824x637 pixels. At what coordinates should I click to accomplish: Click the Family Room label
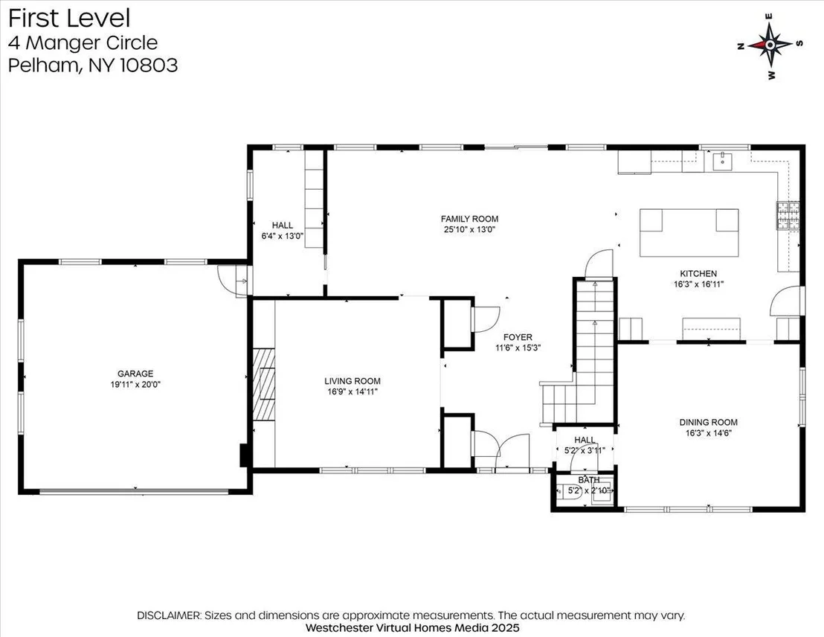[x=469, y=219]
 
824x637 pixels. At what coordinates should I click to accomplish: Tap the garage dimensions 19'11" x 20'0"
[x=135, y=385]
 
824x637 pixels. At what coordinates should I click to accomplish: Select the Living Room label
[x=352, y=381]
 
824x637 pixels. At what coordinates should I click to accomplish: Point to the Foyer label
[x=518, y=337]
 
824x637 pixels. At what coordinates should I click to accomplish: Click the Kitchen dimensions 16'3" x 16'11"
[x=698, y=284]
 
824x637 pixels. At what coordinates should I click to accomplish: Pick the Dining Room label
[x=709, y=422]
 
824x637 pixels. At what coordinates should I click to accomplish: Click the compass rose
[x=770, y=45]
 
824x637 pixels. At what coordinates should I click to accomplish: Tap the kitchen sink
[x=724, y=161]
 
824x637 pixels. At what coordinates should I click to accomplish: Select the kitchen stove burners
[x=788, y=216]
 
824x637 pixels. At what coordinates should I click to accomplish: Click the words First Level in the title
[x=69, y=18]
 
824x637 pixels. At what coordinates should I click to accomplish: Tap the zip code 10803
[x=149, y=65]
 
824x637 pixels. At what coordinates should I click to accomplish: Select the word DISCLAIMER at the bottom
[x=169, y=615]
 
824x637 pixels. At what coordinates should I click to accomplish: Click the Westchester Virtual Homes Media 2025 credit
[x=412, y=627]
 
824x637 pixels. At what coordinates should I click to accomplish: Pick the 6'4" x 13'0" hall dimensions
[x=282, y=236]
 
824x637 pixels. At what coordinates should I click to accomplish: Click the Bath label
[x=588, y=480]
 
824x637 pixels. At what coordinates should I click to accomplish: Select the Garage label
[x=135, y=374]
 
